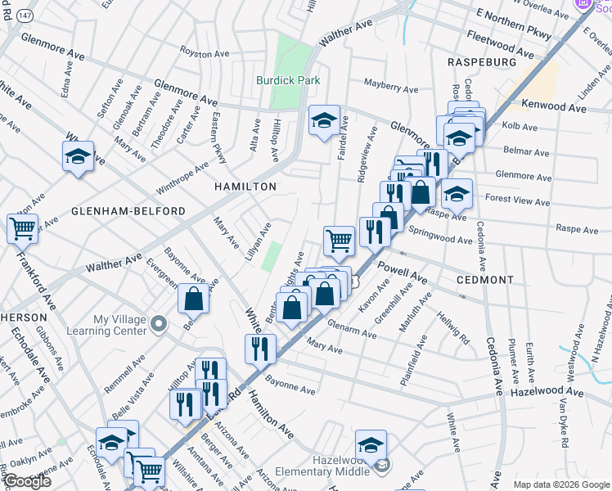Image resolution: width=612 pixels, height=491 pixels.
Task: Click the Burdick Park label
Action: [288, 80]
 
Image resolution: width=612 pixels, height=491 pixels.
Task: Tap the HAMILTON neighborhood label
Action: [245, 187]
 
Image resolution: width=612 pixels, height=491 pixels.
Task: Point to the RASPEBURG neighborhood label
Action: [482, 62]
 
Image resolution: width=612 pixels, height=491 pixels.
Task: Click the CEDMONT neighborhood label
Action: [485, 280]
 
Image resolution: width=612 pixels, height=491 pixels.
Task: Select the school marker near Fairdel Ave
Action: [324, 120]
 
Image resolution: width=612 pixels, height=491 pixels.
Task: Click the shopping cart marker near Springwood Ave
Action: [340, 240]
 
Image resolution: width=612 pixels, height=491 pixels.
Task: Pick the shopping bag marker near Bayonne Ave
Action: [194, 300]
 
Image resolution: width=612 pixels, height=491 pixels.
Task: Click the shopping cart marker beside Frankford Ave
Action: [22, 228]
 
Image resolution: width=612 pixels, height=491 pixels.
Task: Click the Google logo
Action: [27, 482]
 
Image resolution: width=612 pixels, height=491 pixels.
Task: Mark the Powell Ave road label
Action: [403, 272]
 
